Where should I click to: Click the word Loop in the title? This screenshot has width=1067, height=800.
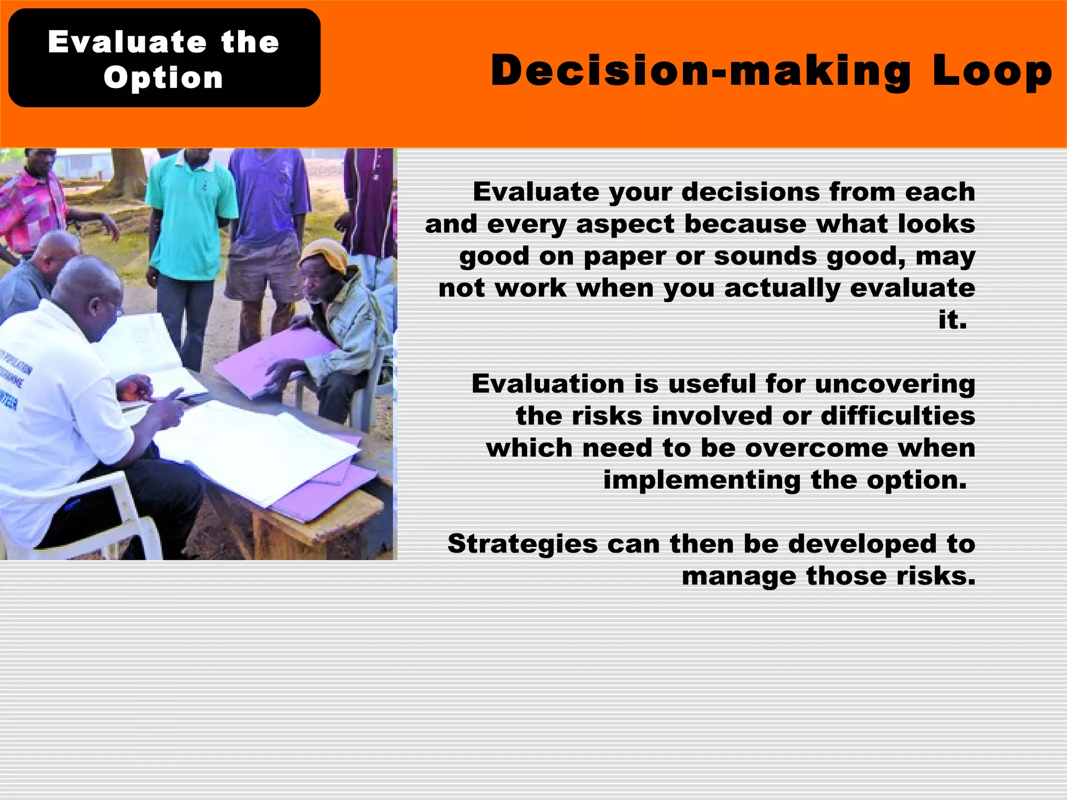pos(992,72)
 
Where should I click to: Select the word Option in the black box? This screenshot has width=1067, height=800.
pos(164,78)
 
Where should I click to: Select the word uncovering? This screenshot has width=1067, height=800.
pos(895,384)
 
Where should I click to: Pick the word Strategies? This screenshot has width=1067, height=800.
pos(523,544)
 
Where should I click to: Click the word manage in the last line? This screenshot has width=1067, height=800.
pos(739,577)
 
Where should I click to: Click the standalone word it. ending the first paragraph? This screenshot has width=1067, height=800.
pos(952,320)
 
